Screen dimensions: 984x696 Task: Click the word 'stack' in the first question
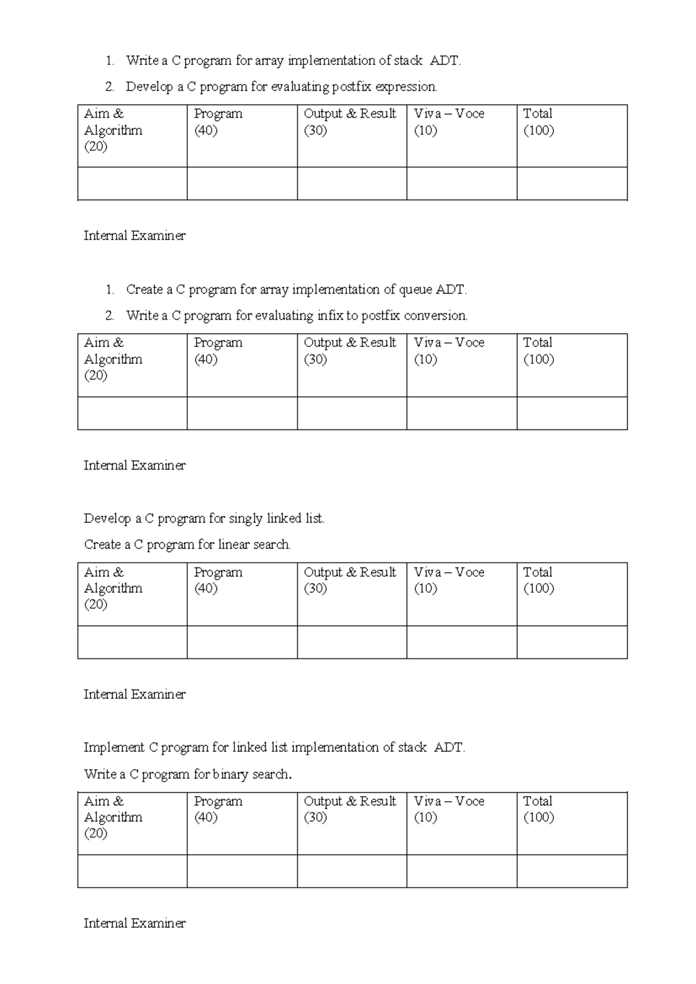[x=408, y=60]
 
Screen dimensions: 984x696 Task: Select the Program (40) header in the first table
[x=218, y=122]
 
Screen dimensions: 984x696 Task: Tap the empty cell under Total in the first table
[x=572, y=184]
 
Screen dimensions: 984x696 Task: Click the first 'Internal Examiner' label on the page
[x=135, y=236]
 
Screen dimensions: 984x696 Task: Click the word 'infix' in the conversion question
[x=330, y=316]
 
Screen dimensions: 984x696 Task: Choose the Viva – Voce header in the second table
[x=448, y=350]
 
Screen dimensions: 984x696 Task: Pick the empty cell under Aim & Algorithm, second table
[x=132, y=413]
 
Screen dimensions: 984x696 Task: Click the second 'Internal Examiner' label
[x=135, y=465]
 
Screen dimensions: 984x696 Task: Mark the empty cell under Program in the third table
[x=242, y=642]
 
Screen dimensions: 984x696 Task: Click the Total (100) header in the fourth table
[x=538, y=809]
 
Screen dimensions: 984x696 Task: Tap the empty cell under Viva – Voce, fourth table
[x=462, y=871]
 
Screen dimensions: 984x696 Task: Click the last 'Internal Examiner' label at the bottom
[x=135, y=923]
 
